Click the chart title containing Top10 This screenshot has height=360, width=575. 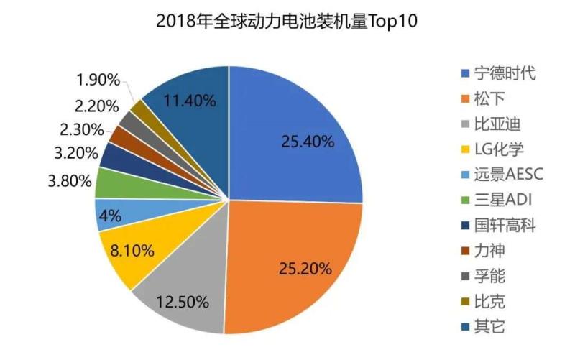[287, 22]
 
